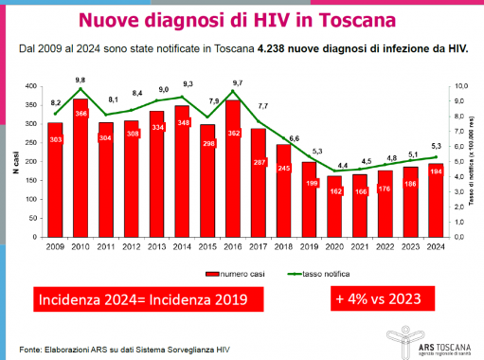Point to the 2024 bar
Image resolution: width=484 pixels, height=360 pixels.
(x=436, y=200)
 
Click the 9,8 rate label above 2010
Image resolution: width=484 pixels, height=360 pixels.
(x=81, y=80)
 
